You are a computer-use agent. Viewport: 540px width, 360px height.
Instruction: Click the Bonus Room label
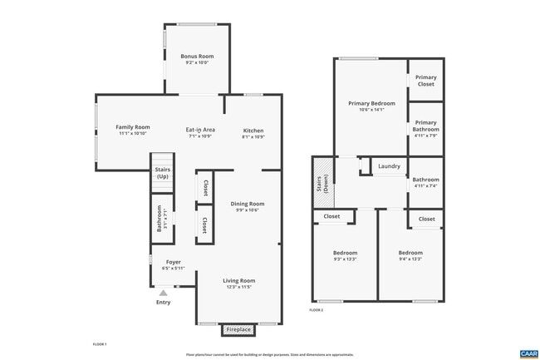click(x=197, y=57)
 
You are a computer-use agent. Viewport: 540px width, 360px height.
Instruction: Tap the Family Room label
click(x=132, y=126)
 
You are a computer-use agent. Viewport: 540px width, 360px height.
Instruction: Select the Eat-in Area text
click(x=200, y=130)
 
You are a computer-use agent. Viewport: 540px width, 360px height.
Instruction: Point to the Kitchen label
click(x=253, y=131)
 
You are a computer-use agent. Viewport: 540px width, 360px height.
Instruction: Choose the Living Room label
click(x=238, y=281)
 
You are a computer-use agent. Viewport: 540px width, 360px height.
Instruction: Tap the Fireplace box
click(x=238, y=330)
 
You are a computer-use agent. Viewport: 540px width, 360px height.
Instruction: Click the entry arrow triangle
click(x=164, y=293)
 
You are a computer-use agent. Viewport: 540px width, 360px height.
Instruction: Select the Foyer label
click(x=173, y=262)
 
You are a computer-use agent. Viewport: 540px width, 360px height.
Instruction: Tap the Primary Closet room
click(x=425, y=81)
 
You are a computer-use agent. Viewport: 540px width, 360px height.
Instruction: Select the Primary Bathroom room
click(x=425, y=129)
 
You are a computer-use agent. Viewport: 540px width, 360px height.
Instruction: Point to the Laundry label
click(x=389, y=166)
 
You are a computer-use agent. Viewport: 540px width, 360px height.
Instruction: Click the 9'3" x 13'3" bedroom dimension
click(x=345, y=259)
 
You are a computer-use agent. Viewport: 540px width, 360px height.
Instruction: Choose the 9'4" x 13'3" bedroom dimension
click(x=410, y=259)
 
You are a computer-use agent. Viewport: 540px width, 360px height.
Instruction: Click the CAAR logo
click(x=529, y=353)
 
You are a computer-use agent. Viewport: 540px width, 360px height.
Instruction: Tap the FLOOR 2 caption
click(x=317, y=310)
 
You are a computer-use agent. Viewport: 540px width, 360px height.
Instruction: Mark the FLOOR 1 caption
click(x=99, y=343)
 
